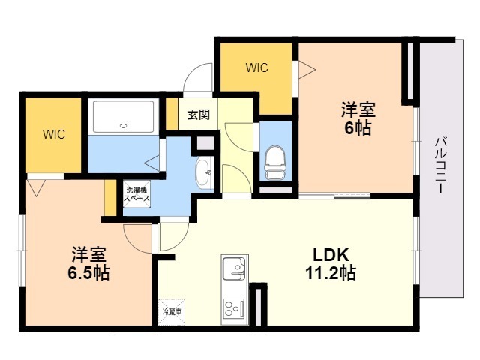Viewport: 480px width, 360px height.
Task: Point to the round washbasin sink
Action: click(203, 173)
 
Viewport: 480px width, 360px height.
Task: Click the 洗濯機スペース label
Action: click(137, 196)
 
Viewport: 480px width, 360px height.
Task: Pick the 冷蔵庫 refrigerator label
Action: click(169, 310)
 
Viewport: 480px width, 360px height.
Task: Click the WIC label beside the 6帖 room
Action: click(257, 67)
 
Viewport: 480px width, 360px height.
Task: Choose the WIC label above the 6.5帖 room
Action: click(53, 135)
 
